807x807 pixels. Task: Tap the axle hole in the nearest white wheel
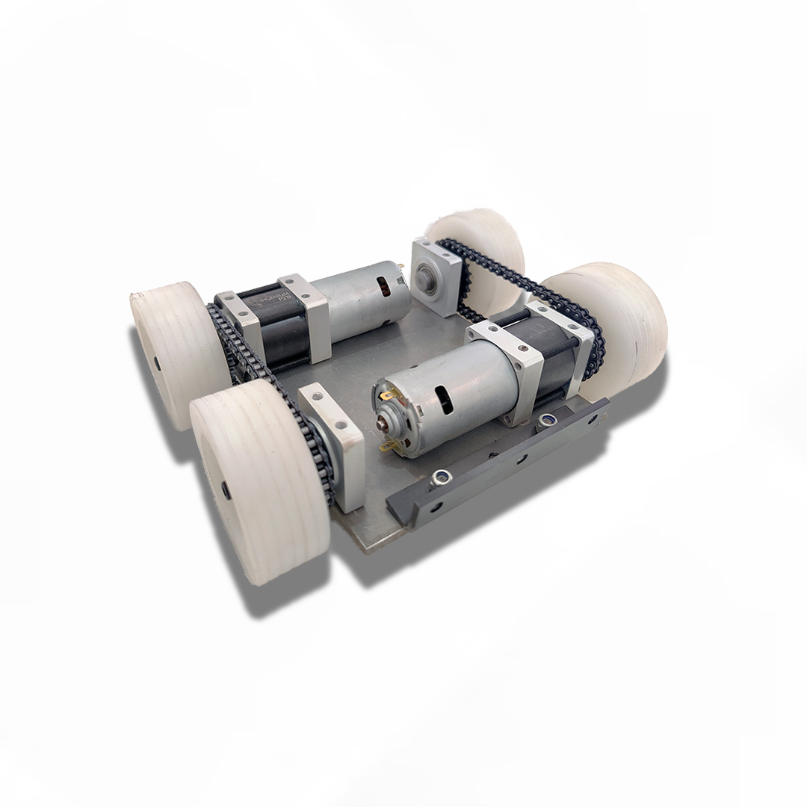(226, 491)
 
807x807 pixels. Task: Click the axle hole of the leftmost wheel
(158, 362)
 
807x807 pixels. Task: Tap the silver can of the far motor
(359, 299)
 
